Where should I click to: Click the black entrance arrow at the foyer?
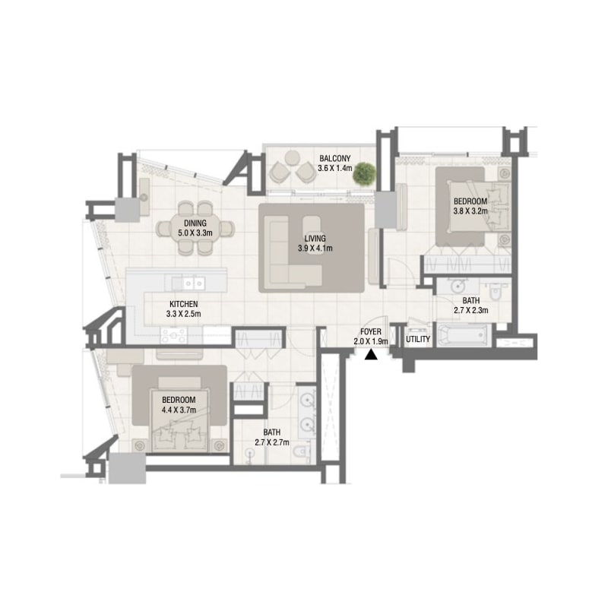371,354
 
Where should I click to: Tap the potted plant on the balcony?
364,173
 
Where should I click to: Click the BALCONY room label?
334,158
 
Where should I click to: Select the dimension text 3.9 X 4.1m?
315,249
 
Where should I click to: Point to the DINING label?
195,223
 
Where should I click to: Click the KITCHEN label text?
183,304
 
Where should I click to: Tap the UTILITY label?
418,339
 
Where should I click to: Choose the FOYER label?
371,331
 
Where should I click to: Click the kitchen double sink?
194,283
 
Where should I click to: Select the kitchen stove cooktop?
174,335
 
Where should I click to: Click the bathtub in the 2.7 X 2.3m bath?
464,334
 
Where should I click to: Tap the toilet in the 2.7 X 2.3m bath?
496,291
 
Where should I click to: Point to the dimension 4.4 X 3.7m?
179,410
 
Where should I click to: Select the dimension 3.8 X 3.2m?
470,211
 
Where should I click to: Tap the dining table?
195,228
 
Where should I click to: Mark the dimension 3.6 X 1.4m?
335,168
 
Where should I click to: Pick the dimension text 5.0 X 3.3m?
195,233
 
